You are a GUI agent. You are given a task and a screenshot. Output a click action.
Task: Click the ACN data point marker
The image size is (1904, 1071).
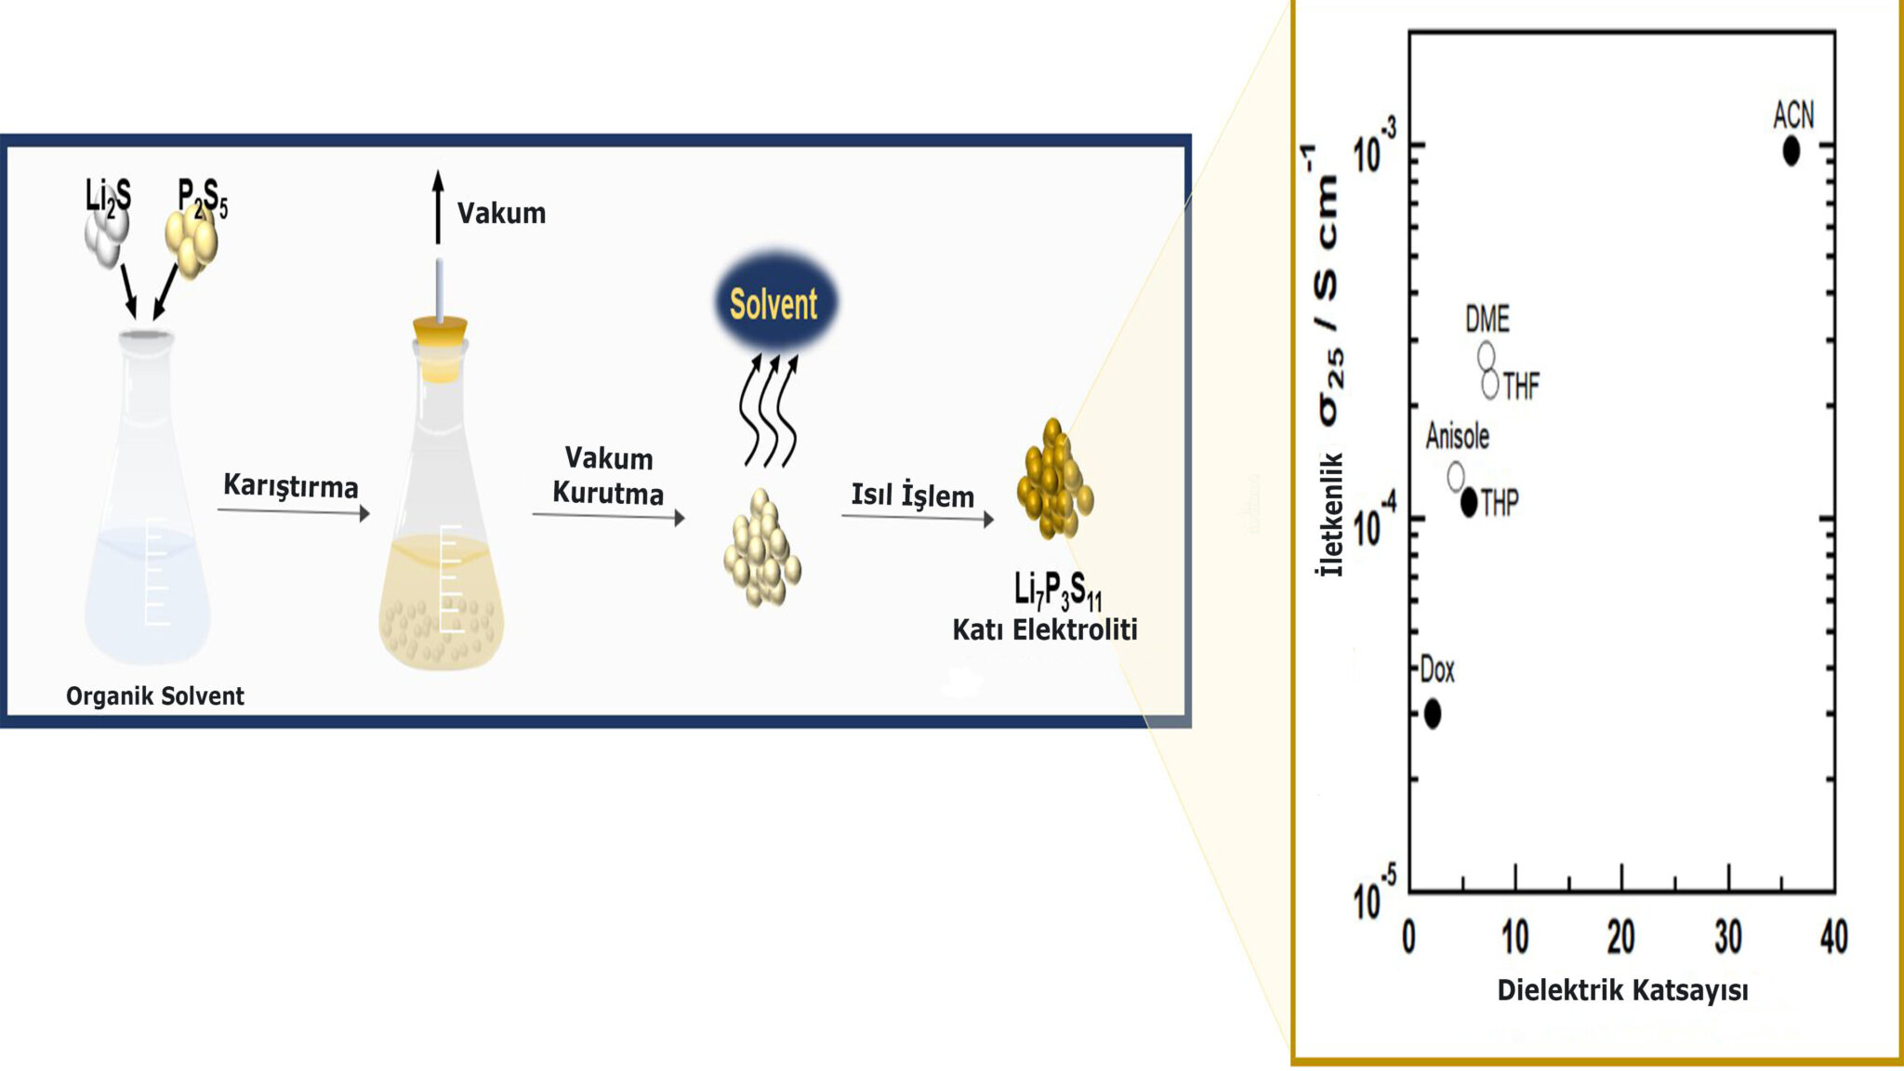pos(1791,151)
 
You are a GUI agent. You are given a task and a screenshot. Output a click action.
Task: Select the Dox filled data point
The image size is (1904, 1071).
pos(1432,714)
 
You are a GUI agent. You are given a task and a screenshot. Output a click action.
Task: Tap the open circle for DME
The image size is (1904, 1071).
pos(1486,355)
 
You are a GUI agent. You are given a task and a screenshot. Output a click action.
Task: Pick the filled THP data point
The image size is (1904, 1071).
pos(1469,503)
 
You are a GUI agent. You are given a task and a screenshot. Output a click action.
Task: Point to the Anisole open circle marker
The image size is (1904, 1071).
pos(1456,476)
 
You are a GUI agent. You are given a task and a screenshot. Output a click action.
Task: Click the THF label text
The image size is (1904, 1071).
pos(1521,386)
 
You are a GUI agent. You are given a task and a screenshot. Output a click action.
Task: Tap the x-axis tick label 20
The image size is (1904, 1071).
pos(1620,937)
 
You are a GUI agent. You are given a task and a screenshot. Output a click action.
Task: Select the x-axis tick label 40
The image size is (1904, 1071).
pos(1833,937)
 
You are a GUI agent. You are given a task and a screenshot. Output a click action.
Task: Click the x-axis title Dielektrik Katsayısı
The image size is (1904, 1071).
pos(1622,990)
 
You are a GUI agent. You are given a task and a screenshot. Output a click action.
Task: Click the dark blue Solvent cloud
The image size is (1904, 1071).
pos(774,303)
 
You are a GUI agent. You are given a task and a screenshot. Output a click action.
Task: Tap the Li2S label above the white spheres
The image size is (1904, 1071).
pos(108,196)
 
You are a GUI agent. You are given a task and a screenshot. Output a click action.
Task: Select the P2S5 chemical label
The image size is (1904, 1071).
pos(203,198)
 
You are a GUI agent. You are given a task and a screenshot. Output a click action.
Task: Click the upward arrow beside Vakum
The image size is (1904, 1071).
pos(438,206)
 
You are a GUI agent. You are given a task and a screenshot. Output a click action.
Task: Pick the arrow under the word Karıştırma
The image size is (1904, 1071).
pos(294,511)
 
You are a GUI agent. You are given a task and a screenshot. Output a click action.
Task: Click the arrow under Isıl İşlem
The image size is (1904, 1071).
pos(917,518)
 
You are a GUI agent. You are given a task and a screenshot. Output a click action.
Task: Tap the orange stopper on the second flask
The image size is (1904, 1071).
pos(440,348)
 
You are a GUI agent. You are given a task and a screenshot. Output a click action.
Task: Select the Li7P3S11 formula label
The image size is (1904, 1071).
pos(1057,591)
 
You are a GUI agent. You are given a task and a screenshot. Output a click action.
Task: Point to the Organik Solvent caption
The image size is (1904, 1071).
pos(154,696)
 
